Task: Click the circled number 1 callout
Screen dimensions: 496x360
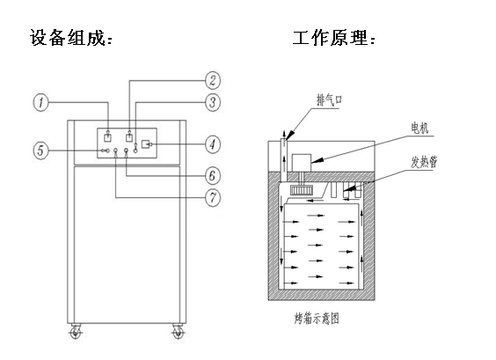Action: pyautogui.click(x=40, y=103)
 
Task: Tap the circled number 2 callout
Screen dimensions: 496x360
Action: pyautogui.click(x=213, y=80)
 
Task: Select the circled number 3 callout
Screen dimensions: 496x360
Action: pyautogui.click(x=213, y=102)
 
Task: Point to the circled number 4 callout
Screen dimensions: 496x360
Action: pyautogui.click(x=213, y=144)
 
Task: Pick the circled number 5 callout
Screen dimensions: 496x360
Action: pyautogui.click(x=40, y=151)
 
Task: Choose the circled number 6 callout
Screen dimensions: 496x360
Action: pyautogui.click(x=213, y=175)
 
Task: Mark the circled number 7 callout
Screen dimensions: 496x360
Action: pyautogui.click(x=213, y=198)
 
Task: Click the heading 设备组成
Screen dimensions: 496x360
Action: pyautogui.click(x=71, y=38)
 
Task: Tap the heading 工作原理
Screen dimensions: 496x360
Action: pyautogui.click(x=333, y=38)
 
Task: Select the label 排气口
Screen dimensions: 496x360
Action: pyautogui.click(x=329, y=100)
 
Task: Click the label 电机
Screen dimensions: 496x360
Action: pyautogui.click(x=419, y=129)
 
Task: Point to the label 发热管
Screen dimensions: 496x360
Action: pyautogui.click(x=424, y=162)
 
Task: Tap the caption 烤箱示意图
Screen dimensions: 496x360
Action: pyautogui.click(x=317, y=319)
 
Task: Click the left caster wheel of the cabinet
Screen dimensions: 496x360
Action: pyautogui.click(x=77, y=331)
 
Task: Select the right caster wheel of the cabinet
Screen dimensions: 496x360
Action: pyautogui.click(x=178, y=331)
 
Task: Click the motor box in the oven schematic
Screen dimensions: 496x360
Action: pyautogui.click(x=302, y=163)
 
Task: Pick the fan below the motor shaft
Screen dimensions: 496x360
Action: pyautogui.click(x=302, y=189)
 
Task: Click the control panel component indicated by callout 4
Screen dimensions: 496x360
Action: pyautogui.click(x=146, y=144)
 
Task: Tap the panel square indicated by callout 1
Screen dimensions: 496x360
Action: pyautogui.click(x=108, y=137)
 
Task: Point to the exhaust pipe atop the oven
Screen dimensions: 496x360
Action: pyautogui.click(x=284, y=158)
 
